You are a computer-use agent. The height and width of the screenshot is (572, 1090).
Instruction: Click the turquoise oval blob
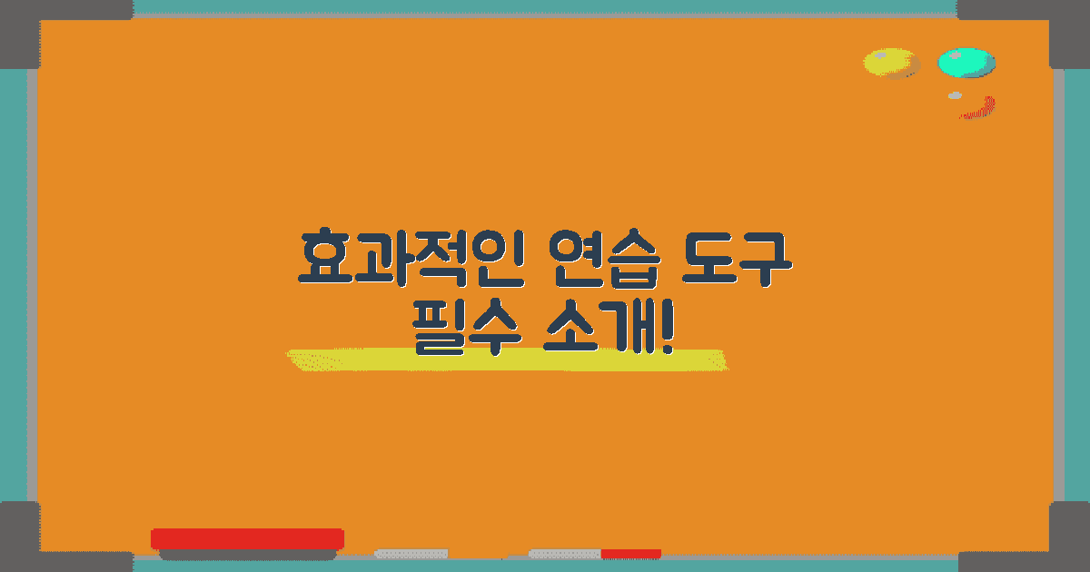(x=966, y=63)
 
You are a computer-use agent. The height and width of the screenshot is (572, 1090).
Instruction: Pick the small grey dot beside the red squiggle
(x=955, y=95)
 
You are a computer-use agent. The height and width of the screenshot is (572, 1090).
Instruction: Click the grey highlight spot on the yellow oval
(x=880, y=55)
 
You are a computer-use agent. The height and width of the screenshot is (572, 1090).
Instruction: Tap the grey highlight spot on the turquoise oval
(x=955, y=54)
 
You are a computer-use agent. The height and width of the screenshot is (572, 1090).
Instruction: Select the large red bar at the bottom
(x=247, y=538)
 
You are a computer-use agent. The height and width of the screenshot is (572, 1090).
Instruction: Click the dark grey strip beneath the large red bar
(x=247, y=555)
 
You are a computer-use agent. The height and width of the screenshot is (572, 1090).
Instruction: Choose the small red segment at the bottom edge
(x=630, y=553)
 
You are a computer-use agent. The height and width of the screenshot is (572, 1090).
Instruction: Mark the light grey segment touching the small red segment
(x=564, y=553)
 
